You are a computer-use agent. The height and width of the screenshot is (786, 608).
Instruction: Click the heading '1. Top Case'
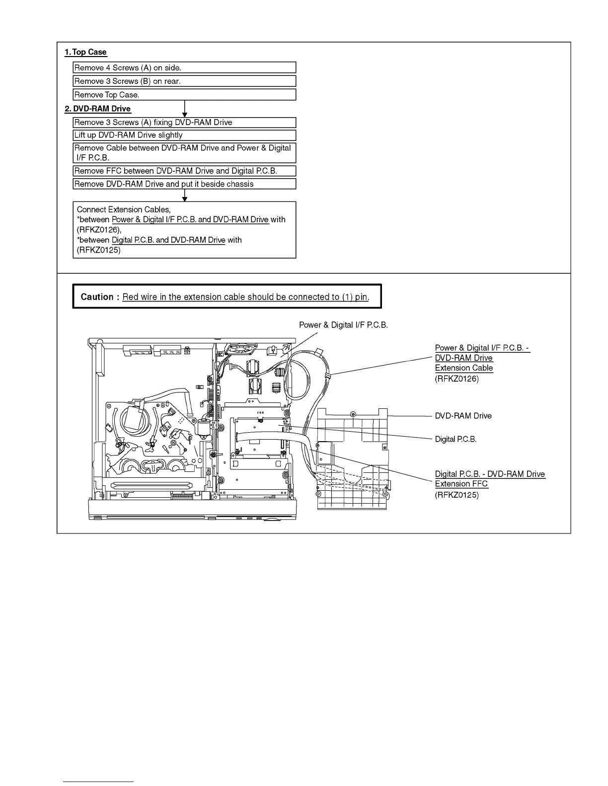point(85,52)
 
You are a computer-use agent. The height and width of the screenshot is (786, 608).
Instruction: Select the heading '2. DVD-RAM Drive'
point(98,109)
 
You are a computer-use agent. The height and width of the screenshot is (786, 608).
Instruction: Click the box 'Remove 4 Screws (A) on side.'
point(184,67)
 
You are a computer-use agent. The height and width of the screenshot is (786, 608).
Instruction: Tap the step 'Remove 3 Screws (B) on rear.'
point(184,81)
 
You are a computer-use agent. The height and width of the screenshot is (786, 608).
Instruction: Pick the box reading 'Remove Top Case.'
point(184,95)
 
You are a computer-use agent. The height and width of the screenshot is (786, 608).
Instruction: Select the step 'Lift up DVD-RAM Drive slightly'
point(184,135)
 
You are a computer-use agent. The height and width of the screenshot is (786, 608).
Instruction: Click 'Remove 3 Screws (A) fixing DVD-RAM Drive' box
point(184,122)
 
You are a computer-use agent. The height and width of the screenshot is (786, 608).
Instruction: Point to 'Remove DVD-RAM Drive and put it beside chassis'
point(184,184)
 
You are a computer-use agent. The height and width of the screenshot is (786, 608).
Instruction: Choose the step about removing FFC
point(184,171)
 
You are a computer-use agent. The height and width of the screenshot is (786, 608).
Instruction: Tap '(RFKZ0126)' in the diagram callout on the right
point(456,379)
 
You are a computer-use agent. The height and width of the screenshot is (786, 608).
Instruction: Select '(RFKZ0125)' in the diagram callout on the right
point(456,495)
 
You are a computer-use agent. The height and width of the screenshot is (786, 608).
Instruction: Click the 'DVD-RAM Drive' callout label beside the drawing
point(463,416)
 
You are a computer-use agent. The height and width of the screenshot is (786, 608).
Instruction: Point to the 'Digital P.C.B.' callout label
point(456,439)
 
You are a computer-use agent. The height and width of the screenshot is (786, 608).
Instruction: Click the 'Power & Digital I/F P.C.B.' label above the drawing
point(343,325)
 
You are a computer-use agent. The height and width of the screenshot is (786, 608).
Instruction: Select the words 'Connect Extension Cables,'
point(124,209)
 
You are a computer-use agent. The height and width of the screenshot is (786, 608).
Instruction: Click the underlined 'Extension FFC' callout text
point(461,484)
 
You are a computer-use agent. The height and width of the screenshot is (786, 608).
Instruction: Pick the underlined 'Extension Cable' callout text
point(464,368)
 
